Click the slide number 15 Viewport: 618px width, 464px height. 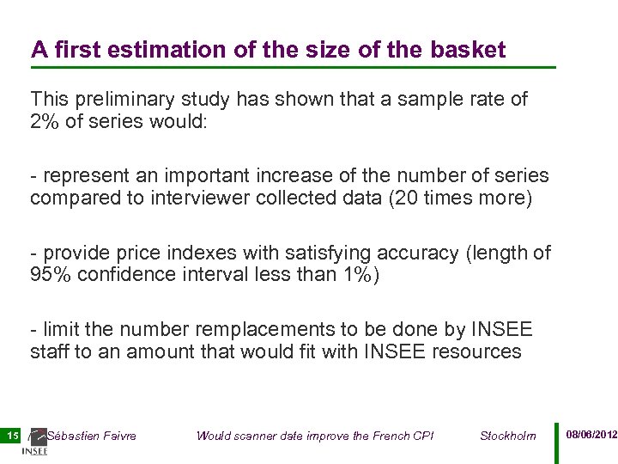tap(12, 436)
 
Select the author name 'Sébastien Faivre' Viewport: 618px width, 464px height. tap(91, 436)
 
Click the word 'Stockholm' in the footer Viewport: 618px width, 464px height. tap(507, 436)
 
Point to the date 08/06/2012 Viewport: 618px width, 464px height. tap(591, 435)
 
